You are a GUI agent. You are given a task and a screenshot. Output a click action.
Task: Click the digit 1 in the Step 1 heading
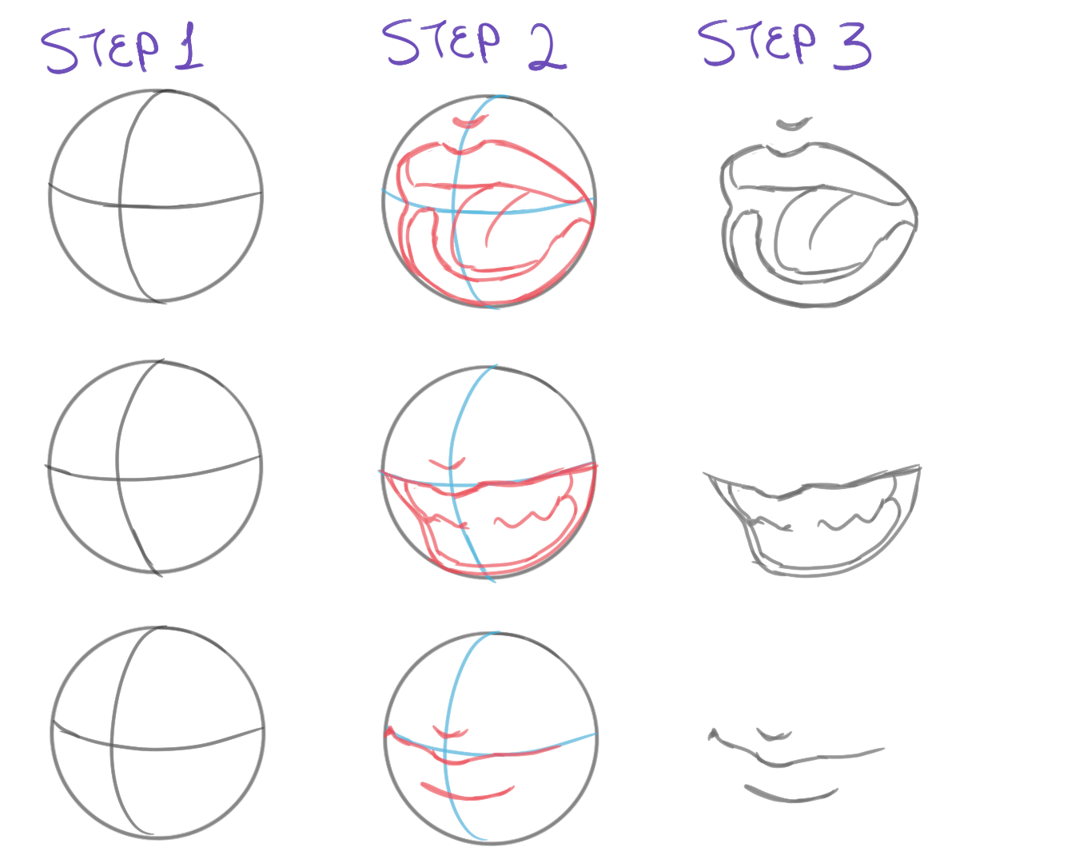pos(189,46)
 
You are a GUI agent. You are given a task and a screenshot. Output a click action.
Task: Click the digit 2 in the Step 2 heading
pos(547,47)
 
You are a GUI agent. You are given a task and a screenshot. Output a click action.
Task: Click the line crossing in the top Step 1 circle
pos(121,205)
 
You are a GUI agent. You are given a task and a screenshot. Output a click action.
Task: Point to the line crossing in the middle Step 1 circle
pos(117,479)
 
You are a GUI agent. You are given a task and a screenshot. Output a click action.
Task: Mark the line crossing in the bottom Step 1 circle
pos(111,746)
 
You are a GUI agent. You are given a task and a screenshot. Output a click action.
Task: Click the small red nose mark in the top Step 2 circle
pos(470,121)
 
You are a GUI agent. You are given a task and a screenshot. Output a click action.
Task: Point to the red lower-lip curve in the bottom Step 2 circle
pos(466,795)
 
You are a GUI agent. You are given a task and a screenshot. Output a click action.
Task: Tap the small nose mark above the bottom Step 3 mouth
pos(774,736)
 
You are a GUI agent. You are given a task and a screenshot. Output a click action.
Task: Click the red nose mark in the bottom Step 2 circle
pos(450,733)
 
